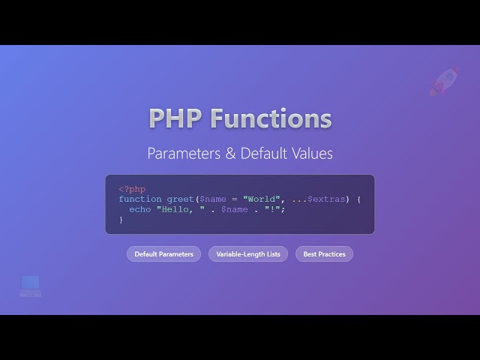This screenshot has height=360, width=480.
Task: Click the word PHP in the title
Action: click(175, 118)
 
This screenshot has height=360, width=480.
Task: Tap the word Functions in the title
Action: click(271, 118)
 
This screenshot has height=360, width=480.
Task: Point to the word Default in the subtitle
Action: click(265, 154)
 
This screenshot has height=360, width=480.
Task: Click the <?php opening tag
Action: click(132, 189)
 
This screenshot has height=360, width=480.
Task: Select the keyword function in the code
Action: click(139, 199)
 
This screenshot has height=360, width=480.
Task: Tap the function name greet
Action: click(180, 199)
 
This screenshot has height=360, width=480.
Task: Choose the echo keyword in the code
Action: click(139, 209)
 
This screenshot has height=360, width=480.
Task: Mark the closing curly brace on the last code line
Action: click(121, 220)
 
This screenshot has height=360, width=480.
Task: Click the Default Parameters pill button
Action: click(163, 254)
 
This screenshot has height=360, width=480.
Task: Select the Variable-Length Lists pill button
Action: click(248, 254)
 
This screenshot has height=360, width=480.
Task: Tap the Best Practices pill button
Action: click(324, 254)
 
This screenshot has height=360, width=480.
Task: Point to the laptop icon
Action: click(31, 285)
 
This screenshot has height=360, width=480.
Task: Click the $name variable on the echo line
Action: click(235, 209)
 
